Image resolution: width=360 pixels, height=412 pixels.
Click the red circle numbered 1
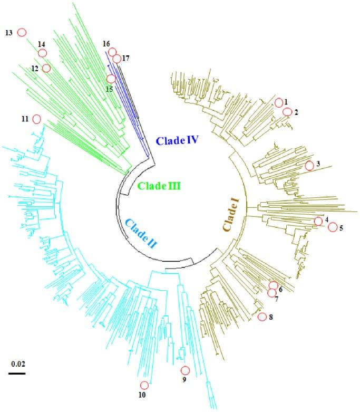(x=279, y=102)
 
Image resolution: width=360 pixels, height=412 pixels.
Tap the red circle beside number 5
(x=332, y=227)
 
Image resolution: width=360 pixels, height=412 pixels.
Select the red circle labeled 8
(x=262, y=317)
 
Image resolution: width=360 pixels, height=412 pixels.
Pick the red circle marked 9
(x=184, y=370)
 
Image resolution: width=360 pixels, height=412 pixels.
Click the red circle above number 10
(x=144, y=385)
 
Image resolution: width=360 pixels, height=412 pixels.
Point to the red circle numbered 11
(x=37, y=119)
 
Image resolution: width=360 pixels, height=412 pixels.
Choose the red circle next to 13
(x=22, y=32)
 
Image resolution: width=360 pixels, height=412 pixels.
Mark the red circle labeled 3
(x=309, y=166)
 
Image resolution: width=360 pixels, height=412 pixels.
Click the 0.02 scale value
(x=17, y=363)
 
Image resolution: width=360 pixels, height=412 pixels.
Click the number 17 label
(x=125, y=59)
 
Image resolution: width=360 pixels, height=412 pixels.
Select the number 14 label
(x=42, y=44)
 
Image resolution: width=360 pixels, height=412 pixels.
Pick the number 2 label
(x=296, y=112)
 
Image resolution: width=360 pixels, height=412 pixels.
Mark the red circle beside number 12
(x=46, y=68)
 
